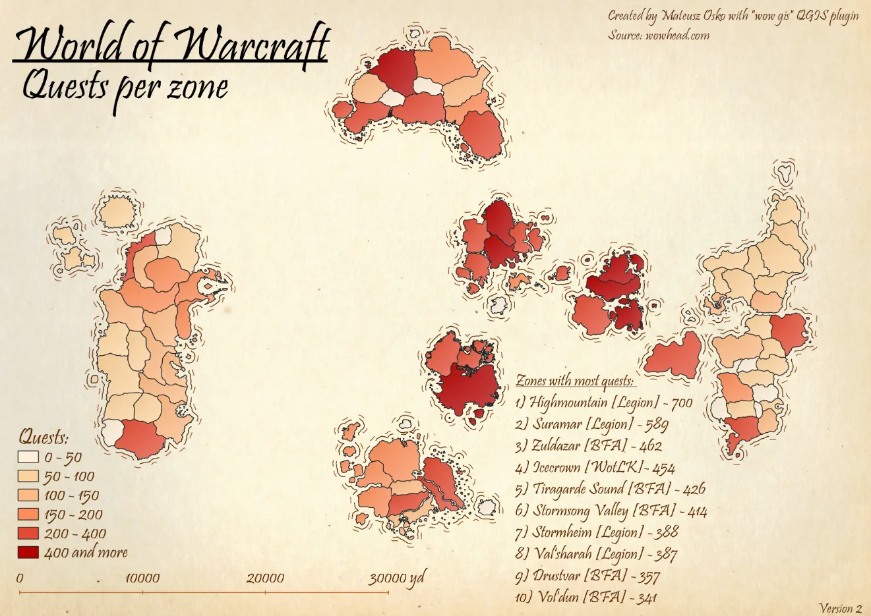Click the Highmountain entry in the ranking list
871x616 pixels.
[603, 402]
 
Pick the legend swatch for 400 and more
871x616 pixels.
[28, 552]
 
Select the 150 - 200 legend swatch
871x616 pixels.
[28, 515]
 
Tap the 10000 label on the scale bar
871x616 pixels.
[142, 578]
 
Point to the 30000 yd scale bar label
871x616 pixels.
[396, 578]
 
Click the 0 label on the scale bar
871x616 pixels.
[20, 578]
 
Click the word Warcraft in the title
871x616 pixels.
[254, 45]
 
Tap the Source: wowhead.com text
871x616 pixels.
[658, 35]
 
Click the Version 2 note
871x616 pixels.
[840, 608]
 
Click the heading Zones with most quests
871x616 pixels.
[574, 381]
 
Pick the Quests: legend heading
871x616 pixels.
[44, 437]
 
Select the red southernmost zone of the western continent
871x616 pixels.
[144, 439]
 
